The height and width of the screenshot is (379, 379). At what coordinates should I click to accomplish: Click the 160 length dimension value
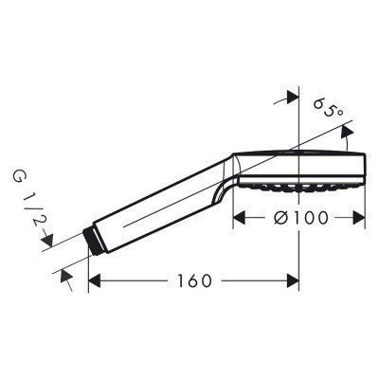point(193,281)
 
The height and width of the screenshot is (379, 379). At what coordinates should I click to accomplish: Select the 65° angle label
point(328,111)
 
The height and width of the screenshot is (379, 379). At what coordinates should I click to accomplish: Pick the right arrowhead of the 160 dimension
point(294,281)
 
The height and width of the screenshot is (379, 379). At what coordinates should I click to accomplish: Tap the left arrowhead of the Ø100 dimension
point(240,216)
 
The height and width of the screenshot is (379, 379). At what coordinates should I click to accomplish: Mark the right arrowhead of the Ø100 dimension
point(361,216)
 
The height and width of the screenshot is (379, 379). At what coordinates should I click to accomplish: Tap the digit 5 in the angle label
point(329,111)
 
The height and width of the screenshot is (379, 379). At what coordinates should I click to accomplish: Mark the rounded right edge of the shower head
point(365,167)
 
